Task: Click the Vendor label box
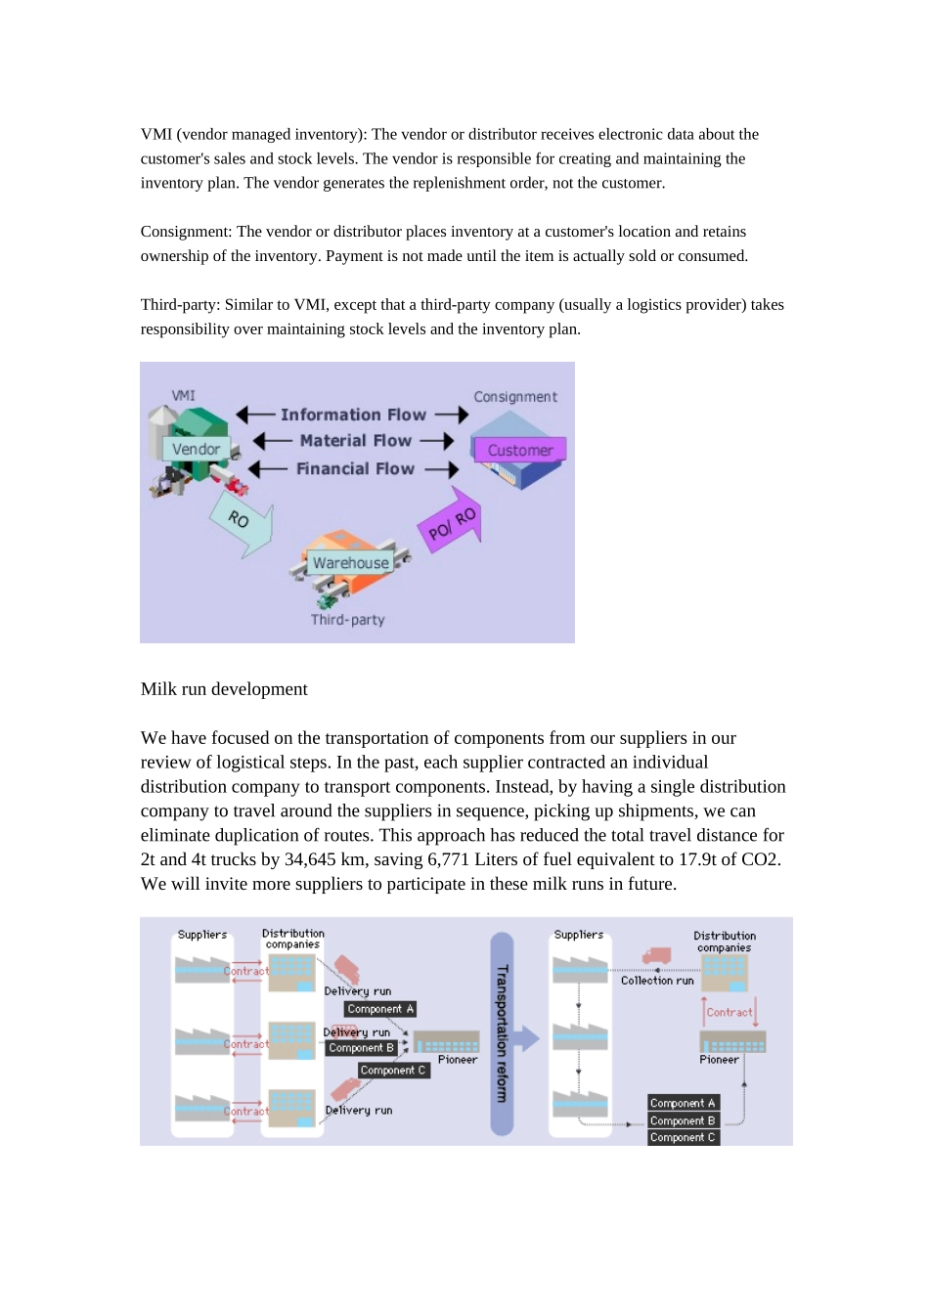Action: pyautogui.click(x=196, y=449)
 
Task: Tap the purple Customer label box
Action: pyautogui.click(x=520, y=450)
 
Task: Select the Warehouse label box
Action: pyautogui.click(x=350, y=562)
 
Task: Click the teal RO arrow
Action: pyautogui.click(x=242, y=523)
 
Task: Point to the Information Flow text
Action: pyautogui.click(x=353, y=415)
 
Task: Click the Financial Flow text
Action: pyautogui.click(x=355, y=468)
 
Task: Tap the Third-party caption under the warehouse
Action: pyautogui.click(x=347, y=620)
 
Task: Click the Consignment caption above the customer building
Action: pyautogui.click(x=515, y=397)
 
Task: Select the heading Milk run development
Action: pyautogui.click(x=224, y=688)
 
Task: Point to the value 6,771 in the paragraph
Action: pyautogui.click(x=448, y=859)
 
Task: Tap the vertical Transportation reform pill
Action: pyautogui.click(x=502, y=1033)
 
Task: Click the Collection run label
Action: pyautogui.click(x=657, y=981)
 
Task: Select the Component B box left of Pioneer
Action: pyautogui.click(x=361, y=1048)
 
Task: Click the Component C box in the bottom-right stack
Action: pyautogui.click(x=684, y=1137)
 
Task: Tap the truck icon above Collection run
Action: pyautogui.click(x=656, y=956)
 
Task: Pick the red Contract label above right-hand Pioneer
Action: pyautogui.click(x=729, y=1012)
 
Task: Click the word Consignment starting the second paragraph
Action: pyautogui.click(x=186, y=232)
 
